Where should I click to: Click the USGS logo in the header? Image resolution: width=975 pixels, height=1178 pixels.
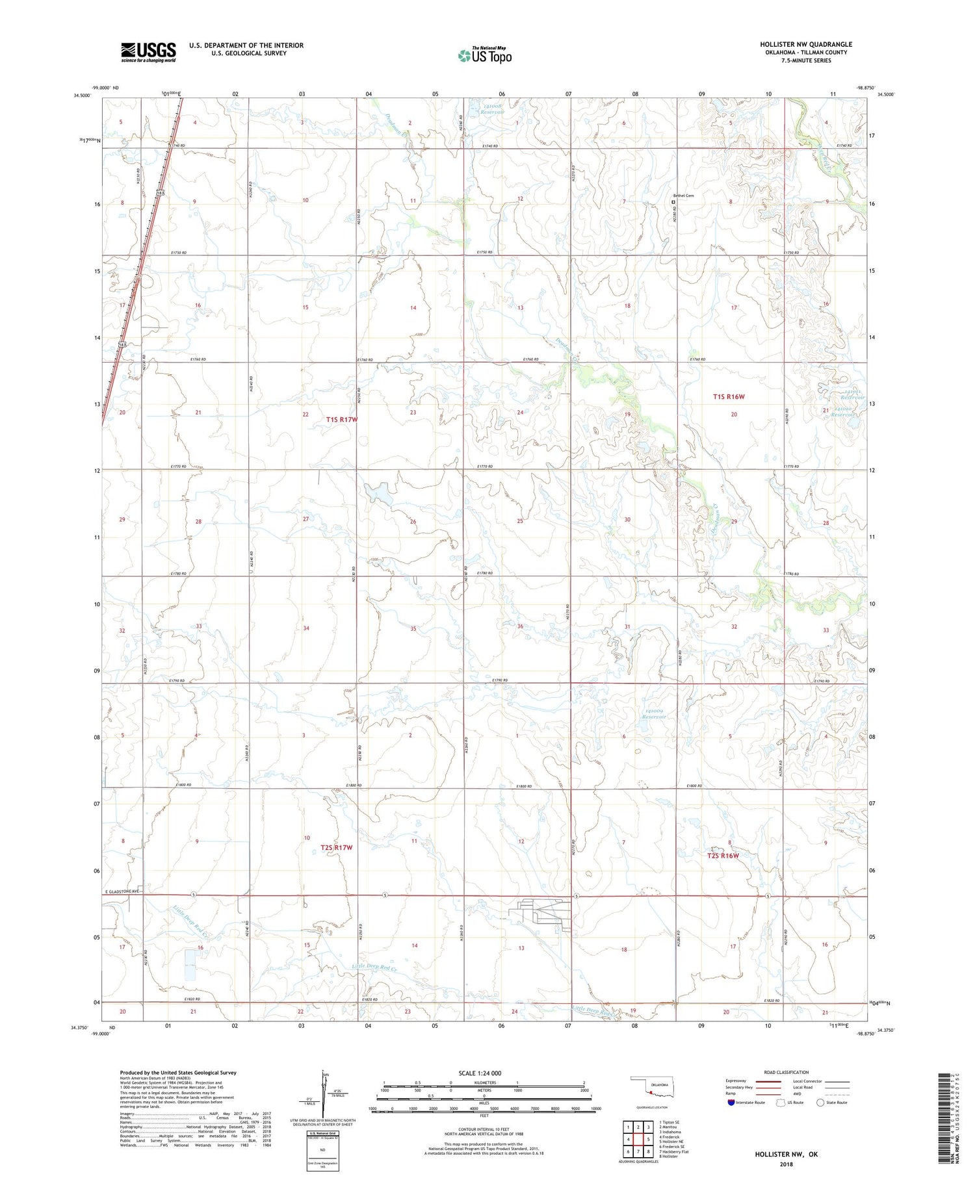tap(148, 52)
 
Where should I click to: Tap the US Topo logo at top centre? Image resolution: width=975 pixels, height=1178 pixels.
tap(484, 55)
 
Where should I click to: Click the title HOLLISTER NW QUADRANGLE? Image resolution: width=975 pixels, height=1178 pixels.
tap(806, 44)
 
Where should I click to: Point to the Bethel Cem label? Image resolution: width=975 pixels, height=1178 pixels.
tap(683, 196)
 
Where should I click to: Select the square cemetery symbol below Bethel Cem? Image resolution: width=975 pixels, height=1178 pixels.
tap(673, 202)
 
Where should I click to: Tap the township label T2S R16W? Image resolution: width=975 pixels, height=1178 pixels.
tap(723, 856)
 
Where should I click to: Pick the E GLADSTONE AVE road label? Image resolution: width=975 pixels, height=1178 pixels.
tap(122, 891)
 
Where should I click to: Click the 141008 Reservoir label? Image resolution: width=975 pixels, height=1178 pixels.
tap(489, 108)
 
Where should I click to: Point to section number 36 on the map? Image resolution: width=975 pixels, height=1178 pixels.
tap(520, 626)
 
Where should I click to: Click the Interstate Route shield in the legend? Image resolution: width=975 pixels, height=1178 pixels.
tap(731, 1102)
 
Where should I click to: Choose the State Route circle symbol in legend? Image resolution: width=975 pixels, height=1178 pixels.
tap(820, 1102)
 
